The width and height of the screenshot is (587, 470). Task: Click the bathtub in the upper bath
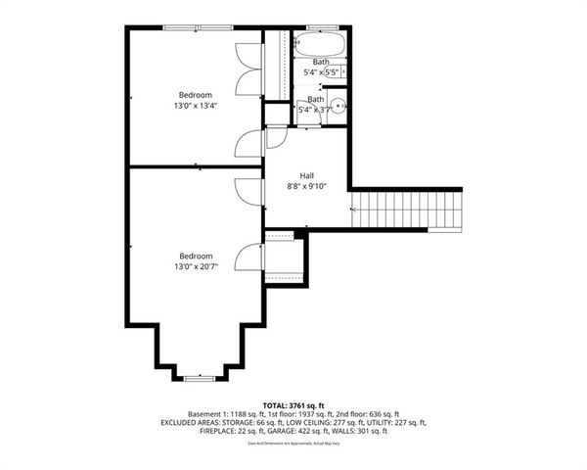pos(320,46)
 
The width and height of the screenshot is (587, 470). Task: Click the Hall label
pos(306,175)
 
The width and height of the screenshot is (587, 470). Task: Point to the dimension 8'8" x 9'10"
pos(306,186)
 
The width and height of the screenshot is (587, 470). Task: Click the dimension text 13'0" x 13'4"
pos(196,105)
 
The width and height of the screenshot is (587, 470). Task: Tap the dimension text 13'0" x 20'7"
pos(196,266)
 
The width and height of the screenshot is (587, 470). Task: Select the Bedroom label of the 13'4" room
pos(195,94)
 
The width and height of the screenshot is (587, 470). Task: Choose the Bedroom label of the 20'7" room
pos(195,256)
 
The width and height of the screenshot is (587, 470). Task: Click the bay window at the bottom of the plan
pos(201,376)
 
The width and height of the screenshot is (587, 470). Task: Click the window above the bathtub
pos(320,27)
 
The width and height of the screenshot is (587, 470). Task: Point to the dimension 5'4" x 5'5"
pos(321,72)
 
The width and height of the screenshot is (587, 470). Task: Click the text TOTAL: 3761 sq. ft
pos(293,403)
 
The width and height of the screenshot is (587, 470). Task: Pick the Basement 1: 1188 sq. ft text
pos(214,413)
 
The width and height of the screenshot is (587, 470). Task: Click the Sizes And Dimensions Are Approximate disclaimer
pos(293,444)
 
